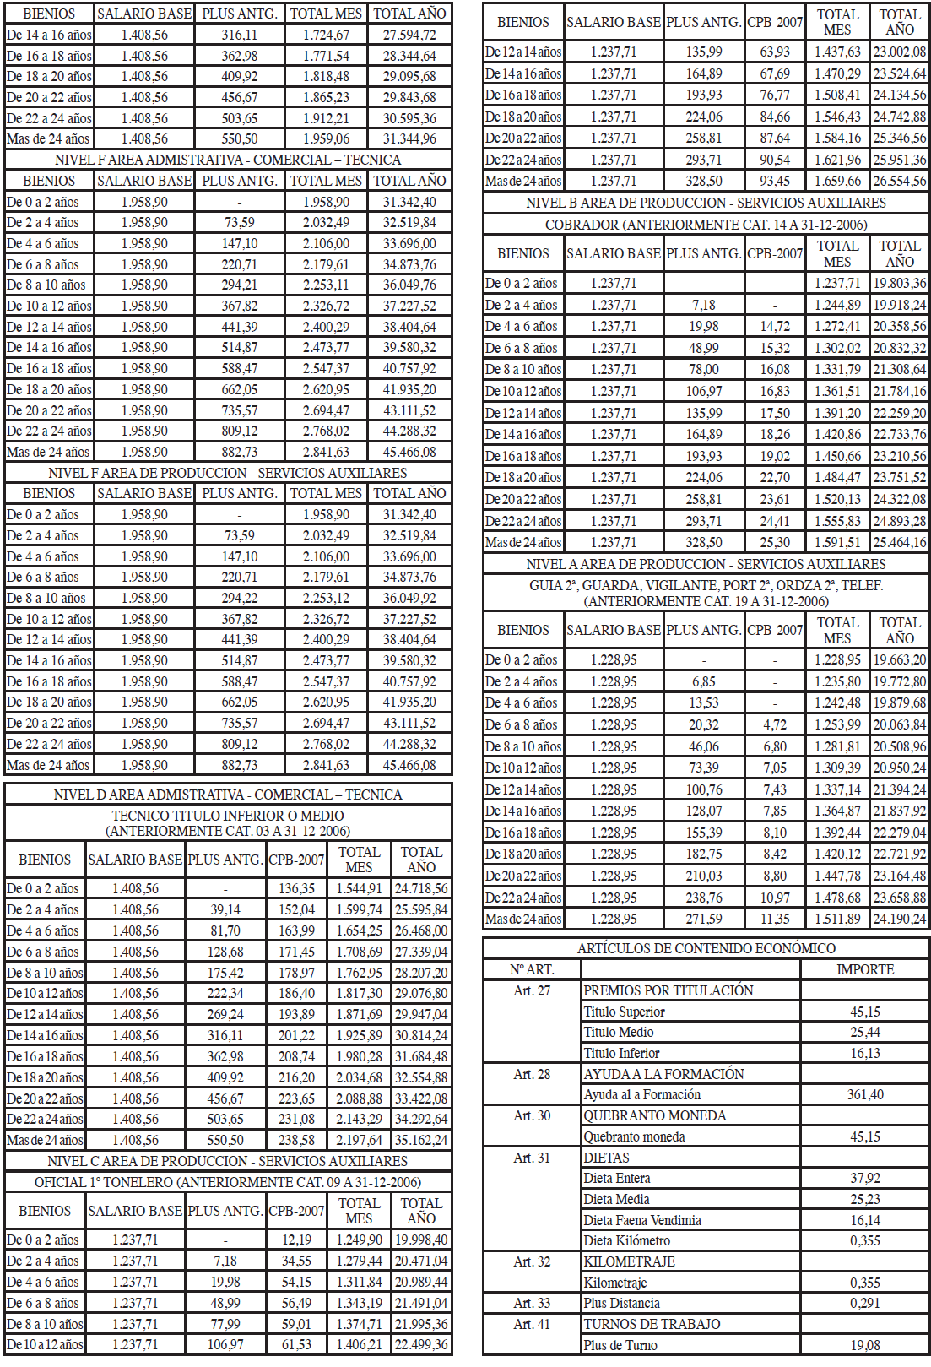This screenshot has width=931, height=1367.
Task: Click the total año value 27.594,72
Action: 409,35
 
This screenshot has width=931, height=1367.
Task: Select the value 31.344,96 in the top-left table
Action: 409,138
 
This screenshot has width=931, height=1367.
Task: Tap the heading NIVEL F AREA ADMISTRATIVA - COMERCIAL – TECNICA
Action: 228,160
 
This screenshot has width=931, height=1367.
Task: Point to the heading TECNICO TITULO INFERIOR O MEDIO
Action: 228,816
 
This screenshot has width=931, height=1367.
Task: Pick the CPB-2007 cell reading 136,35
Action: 296,888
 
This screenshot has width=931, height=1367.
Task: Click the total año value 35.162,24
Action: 421,1140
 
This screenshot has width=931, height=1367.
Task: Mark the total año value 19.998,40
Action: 421,1240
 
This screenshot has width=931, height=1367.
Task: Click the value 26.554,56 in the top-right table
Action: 900,181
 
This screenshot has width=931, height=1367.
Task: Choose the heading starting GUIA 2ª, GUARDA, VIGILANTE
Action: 706,585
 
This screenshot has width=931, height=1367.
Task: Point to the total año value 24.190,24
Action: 900,919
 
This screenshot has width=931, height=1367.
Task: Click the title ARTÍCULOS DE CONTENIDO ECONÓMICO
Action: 706,948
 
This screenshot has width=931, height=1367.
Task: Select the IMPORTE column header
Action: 865,969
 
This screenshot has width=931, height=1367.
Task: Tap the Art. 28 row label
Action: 532,1074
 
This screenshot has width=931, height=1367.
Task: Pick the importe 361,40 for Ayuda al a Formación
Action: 865,1094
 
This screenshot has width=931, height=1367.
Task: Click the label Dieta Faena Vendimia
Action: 642,1220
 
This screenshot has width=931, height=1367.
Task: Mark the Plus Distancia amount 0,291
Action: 865,1303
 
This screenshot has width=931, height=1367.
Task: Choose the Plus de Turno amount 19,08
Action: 865,1345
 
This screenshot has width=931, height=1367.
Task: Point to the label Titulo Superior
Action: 625,1012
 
